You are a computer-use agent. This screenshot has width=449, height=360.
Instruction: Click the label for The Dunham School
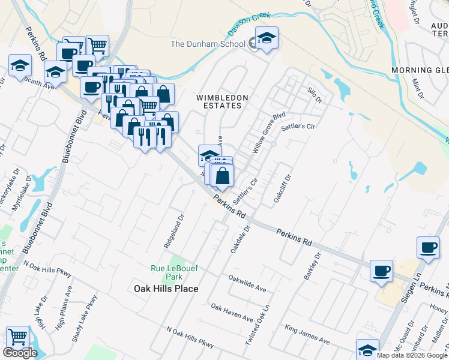208,44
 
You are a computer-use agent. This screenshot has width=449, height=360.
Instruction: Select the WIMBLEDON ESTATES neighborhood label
219,101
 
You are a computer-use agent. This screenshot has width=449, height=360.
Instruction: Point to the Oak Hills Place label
165,289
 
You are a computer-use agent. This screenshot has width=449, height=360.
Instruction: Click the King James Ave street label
307,334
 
